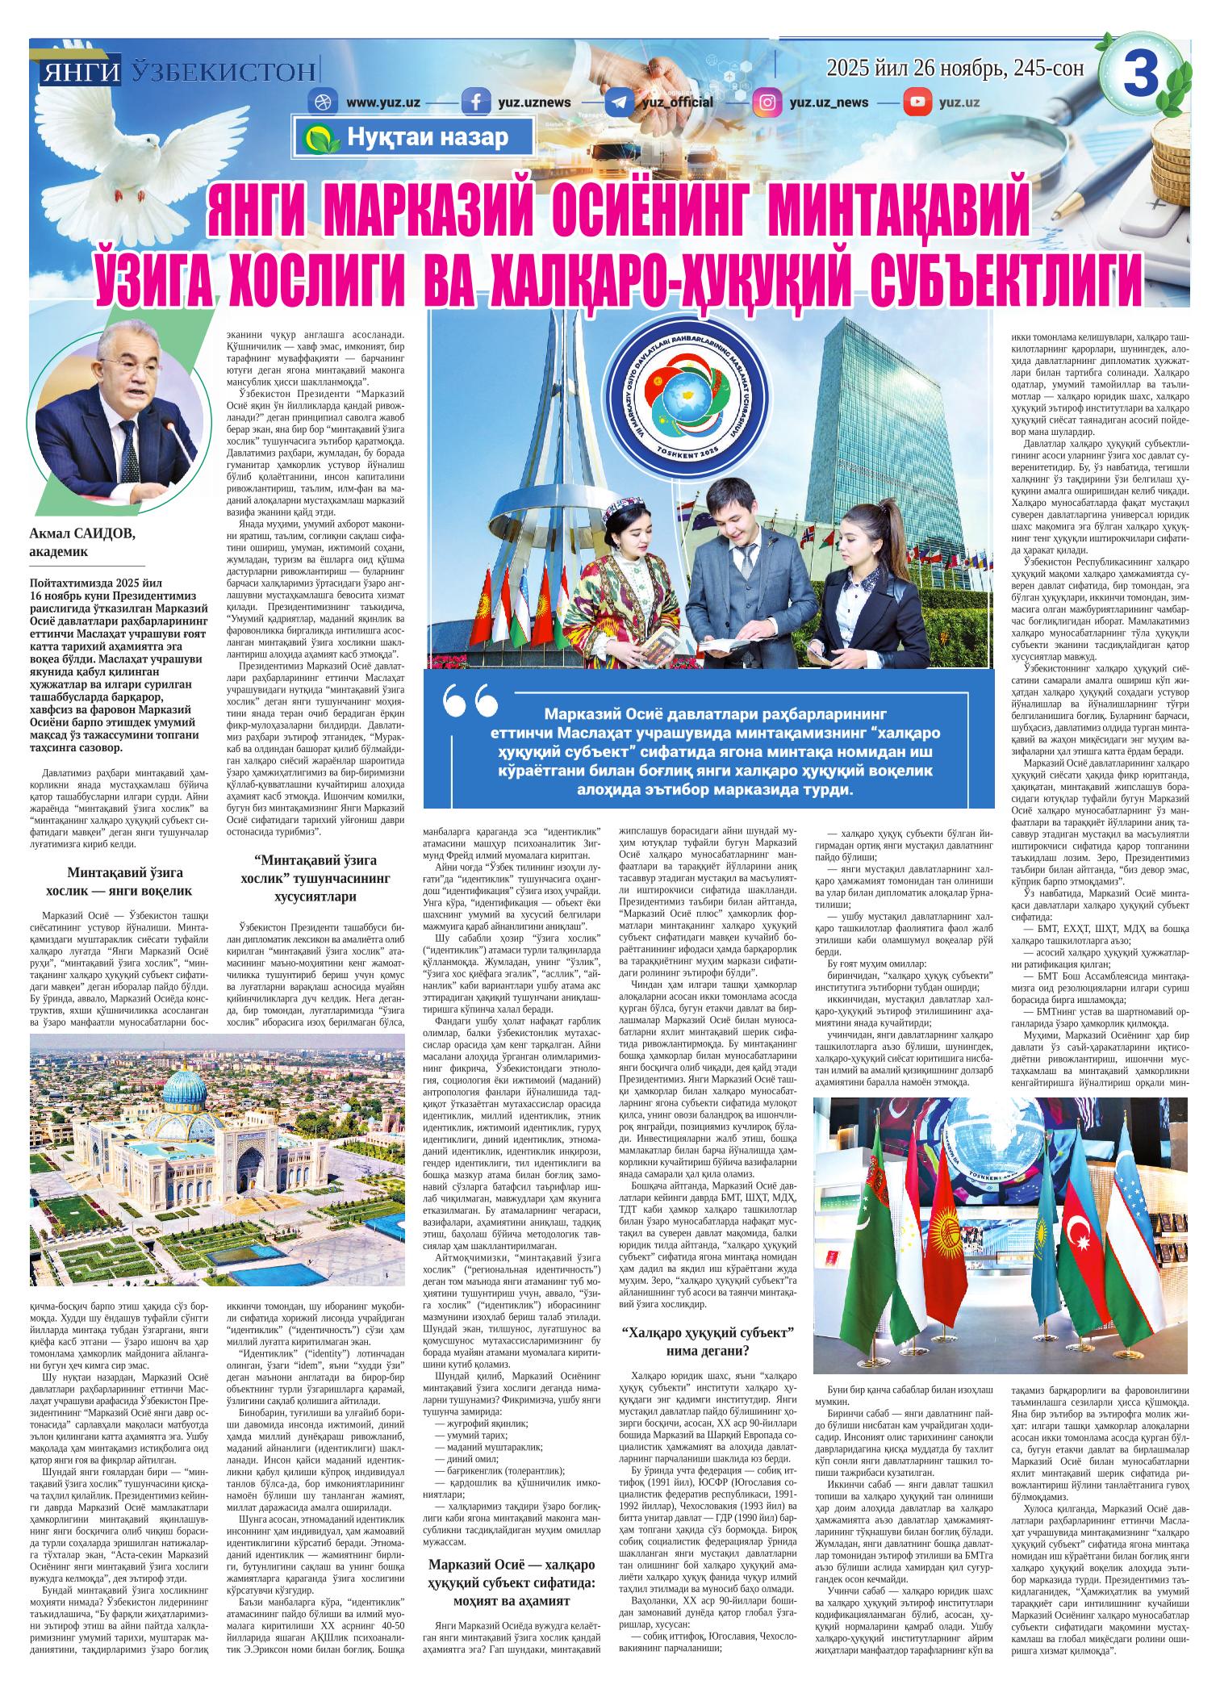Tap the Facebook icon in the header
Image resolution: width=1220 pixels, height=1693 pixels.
pos(476,103)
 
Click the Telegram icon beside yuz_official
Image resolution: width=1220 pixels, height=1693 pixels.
pos(619,103)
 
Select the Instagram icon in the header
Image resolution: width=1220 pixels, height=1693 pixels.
pos(767,102)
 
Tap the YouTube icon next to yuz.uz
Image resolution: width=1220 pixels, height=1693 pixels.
pos(917,102)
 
